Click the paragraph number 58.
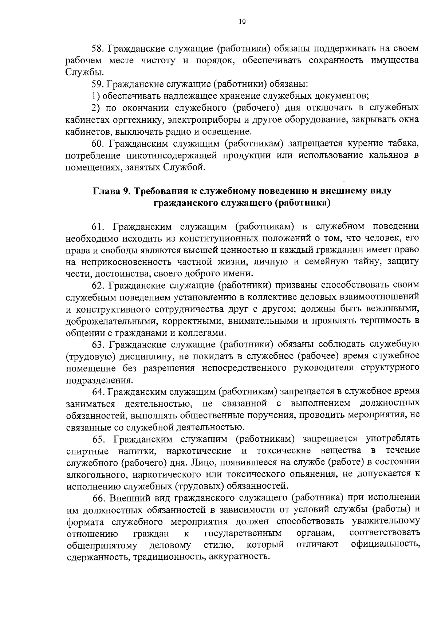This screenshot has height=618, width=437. pos(97,48)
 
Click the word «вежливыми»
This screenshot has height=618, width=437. pos(394,309)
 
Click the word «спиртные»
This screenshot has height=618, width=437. pos(87,451)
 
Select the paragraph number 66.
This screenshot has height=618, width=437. pos(98,498)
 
